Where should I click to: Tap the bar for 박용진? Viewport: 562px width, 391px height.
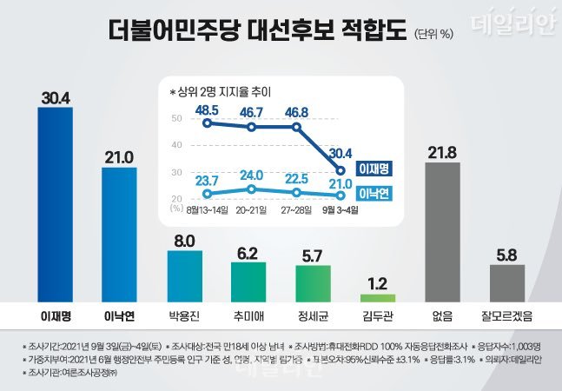point(184,274)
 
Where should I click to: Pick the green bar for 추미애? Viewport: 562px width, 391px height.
point(248,279)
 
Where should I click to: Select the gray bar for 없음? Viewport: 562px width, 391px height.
point(442,229)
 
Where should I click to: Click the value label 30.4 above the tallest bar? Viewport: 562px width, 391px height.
point(56,96)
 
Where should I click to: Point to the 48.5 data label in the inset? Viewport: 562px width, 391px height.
point(207,110)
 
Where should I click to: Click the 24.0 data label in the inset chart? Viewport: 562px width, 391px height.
point(251,174)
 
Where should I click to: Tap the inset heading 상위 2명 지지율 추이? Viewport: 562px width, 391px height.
point(227,89)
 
